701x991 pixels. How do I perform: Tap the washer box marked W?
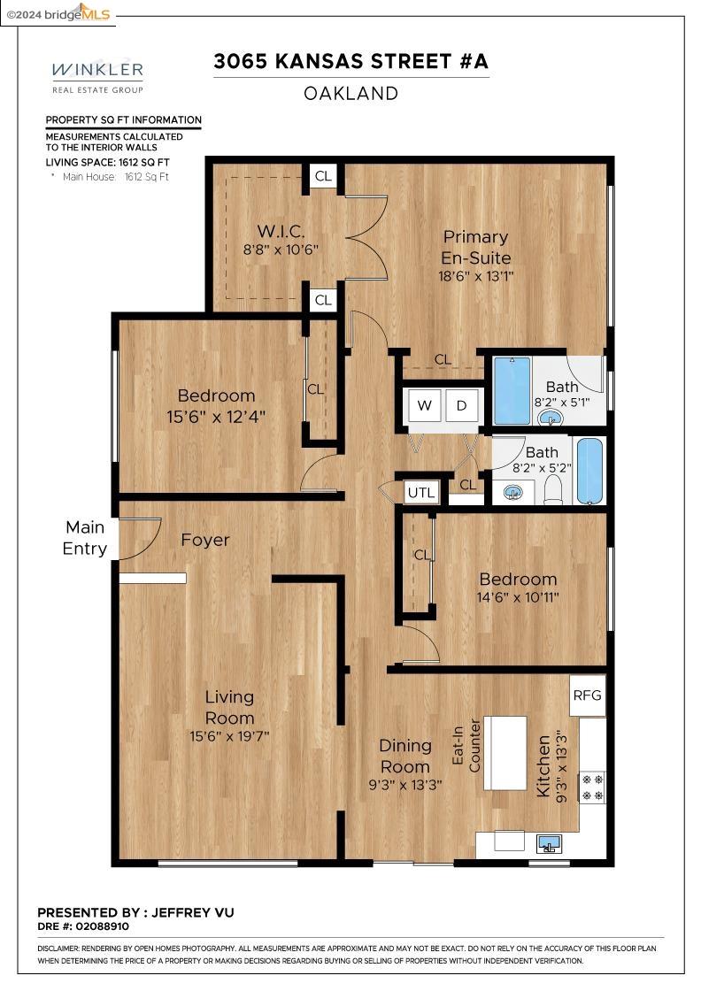424,406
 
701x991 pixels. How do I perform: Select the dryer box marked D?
461,406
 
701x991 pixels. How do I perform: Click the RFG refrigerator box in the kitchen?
587,695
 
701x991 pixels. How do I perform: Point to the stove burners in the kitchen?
592,787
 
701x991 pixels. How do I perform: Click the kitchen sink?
550,843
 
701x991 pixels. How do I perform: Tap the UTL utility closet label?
421,493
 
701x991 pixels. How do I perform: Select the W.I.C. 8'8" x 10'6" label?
281,240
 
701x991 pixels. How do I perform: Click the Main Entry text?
85,538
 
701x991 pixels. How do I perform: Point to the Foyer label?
204,540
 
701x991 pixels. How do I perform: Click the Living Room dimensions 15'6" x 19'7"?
229,736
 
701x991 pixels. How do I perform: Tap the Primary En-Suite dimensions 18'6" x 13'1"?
476,276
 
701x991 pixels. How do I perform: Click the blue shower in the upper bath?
512,391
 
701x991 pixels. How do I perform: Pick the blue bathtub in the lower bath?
589,471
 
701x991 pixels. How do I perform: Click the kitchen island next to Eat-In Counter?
505,753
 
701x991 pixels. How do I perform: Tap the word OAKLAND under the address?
350,94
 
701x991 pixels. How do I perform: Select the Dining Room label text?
405,756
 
